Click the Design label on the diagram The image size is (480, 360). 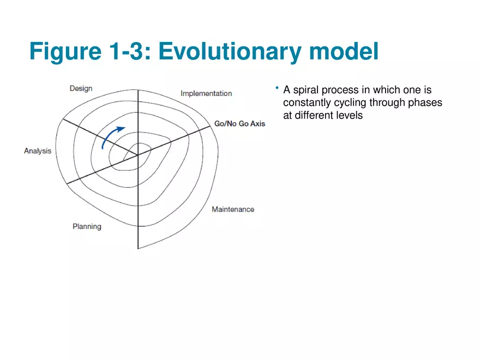pos(81,88)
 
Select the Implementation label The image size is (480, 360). pos(206,93)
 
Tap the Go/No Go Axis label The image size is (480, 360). pos(239,124)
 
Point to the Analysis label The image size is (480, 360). pos(38,151)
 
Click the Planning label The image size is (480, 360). pos(87,226)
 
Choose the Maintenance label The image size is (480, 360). pos(233,209)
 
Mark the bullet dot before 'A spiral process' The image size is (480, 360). pos(277,88)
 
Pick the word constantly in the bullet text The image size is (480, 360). pos(307,103)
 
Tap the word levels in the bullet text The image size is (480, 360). pos(349,115)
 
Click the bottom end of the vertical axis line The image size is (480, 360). pos(138,248)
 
